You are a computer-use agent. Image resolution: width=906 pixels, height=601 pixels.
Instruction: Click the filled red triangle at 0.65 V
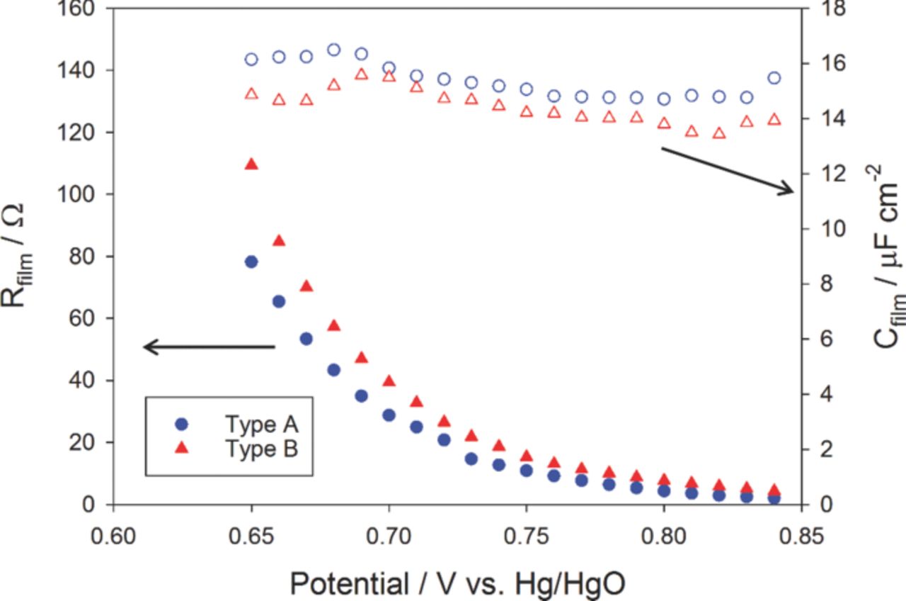pyautogui.click(x=251, y=164)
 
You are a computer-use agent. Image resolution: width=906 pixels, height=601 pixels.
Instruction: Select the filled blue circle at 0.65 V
pyautogui.click(x=251, y=262)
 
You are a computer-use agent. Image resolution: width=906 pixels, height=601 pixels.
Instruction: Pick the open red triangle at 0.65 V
pyautogui.click(x=251, y=94)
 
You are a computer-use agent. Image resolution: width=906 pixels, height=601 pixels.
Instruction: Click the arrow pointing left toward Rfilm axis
pyautogui.click(x=209, y=347)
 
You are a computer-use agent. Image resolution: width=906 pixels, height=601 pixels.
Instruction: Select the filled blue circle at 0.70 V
pyautogui.click(x=389, y=415)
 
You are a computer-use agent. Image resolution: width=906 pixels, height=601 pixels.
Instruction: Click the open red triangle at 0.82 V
pyautogui.click(x=719, y=133)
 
